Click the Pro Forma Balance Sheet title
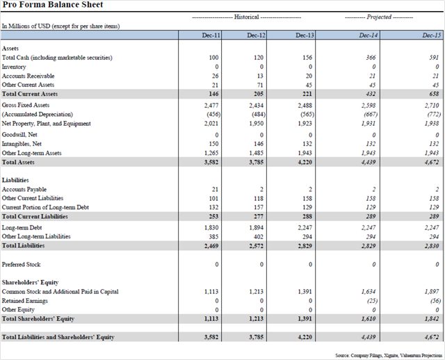tap(53, 5)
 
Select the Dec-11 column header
tap(211, 35)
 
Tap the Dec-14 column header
tap(369, 35)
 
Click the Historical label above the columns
tap(246, 17)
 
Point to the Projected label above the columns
tap(379, 17)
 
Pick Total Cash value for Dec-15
tap(434, 58)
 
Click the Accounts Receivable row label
tap(28, 76)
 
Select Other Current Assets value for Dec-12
tap(260, 85)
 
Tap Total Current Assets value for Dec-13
tap(307, 94)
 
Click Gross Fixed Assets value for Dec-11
tap(211, 106)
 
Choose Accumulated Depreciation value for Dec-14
tap(371, 115)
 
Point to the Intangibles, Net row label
tap(22, 144)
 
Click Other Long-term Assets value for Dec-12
tap(257, 153)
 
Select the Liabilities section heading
tap(15, 180)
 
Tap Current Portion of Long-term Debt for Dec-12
tap(259, 207)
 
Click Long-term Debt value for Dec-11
tap(211, 227)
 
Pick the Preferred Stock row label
tap(22, 264)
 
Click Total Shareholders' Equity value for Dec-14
tap(369, 319)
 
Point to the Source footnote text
tap(389, 355)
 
